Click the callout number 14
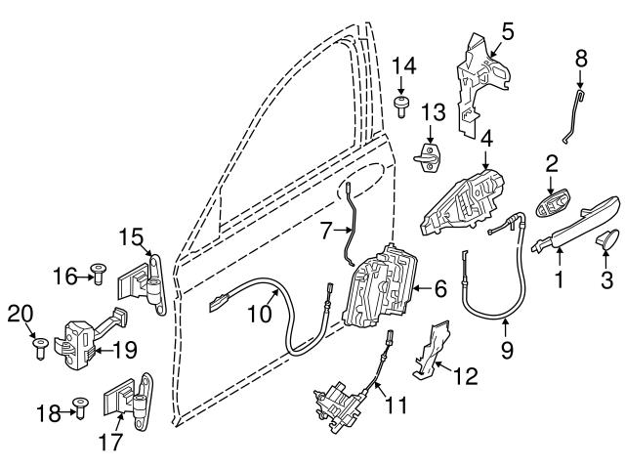tap(403, 66)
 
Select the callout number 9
tap(507, 346)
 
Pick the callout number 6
tap(439, 289)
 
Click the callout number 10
tap(256, 315)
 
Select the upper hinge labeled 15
tap(140, 281)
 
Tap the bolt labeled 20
tap(40, 347)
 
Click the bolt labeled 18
tap(82, 412)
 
